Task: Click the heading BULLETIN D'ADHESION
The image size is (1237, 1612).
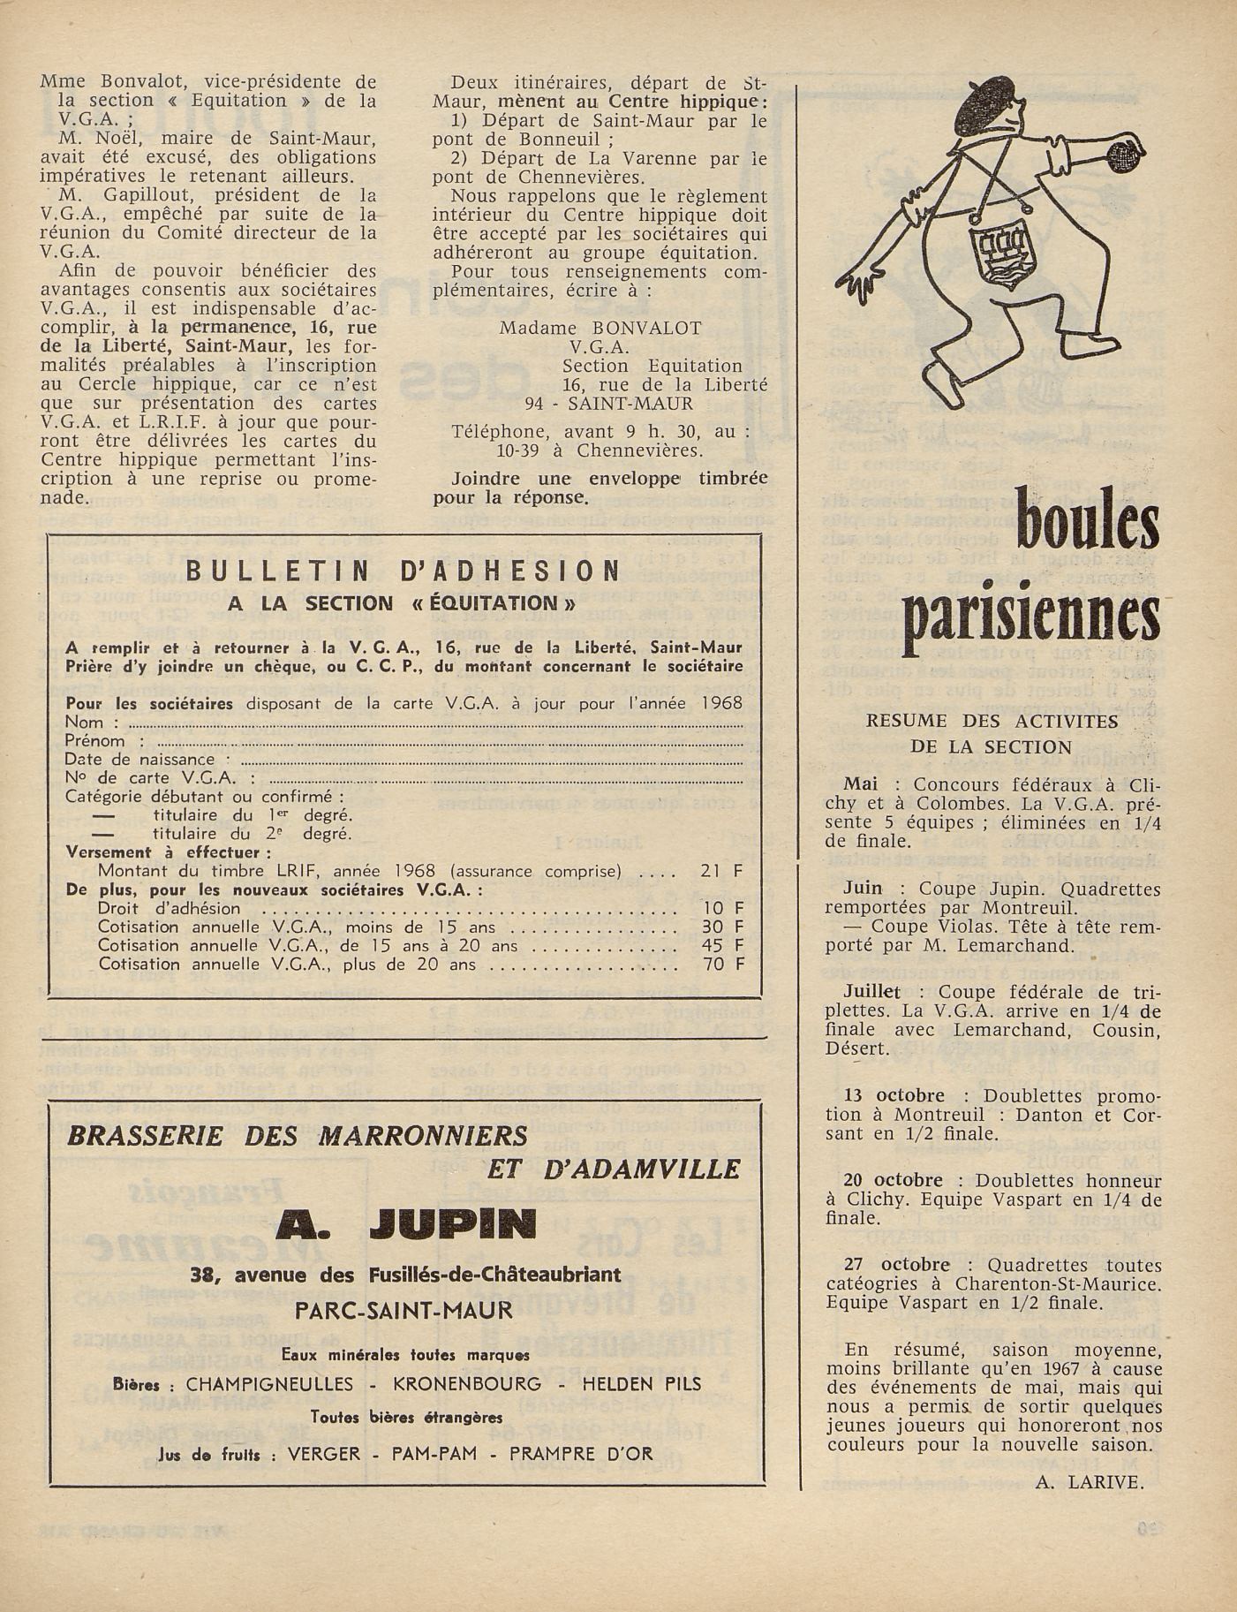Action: point(403,571)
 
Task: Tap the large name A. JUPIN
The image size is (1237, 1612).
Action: point(405,1223)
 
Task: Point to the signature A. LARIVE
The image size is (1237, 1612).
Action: point(1090,1483)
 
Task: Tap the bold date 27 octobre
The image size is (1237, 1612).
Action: point(885,1265)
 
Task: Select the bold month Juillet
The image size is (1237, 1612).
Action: point(871,992)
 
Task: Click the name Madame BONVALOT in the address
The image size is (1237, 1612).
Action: point(600,328)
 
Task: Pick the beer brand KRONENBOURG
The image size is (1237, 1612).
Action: point(467,1384)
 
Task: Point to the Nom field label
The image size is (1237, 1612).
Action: point(85,723)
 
